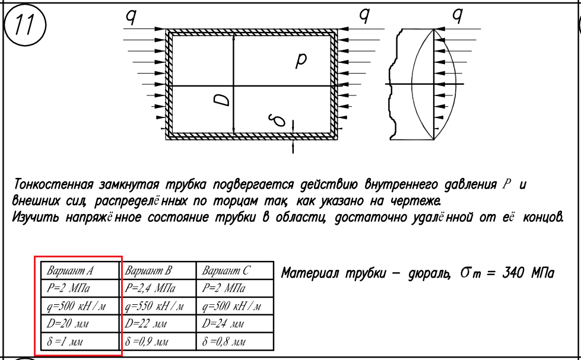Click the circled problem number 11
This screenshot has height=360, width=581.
[25, 25]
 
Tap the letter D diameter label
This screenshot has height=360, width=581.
[222, 99]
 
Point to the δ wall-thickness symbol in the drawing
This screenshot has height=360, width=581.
[278, 120]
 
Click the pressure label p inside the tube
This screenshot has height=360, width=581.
[301, 60]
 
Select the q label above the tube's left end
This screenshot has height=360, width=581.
[131, 17]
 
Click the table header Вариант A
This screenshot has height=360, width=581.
[70, 270]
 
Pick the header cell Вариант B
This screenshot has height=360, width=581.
[148, 270]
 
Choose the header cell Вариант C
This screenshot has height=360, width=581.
[226, 270]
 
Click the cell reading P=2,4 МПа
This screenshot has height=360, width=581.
[150, 288]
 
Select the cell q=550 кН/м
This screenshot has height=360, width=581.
[154, 306]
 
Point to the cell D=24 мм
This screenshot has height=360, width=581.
[223, 324]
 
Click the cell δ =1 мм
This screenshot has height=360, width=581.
[65, 342]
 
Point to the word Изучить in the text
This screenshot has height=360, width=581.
[36, 216]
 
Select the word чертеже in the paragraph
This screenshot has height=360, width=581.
[416, 201]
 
